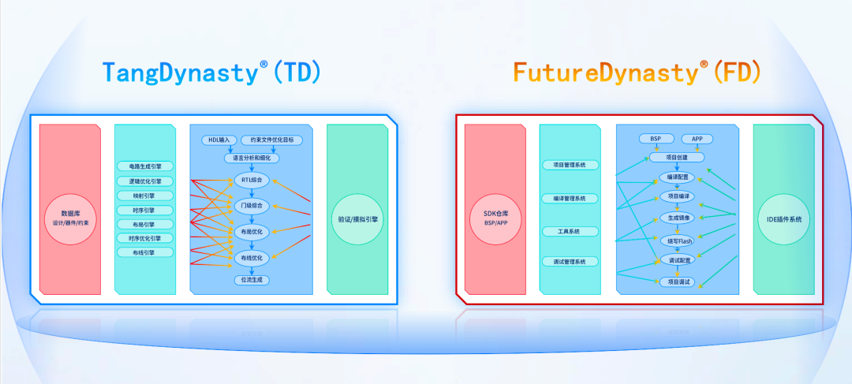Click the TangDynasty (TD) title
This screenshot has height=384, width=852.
pos(212,73)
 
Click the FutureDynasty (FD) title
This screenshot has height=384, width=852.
pos(637,73)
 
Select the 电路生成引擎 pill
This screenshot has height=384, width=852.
pos(144,166)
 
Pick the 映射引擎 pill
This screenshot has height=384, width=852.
pos(144,196)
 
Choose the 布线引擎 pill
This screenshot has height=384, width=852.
pos(144,252)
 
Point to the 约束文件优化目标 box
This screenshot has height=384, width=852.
pos(271,140)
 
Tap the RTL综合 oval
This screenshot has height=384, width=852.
pos(251,181)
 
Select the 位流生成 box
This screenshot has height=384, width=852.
pos(251,279)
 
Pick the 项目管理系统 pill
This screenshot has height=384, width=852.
pos(569,166)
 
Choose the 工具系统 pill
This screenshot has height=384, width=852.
pos(569,231)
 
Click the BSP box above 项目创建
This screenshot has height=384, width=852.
pos(656,139)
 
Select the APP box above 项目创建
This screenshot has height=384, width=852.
pos(697,139)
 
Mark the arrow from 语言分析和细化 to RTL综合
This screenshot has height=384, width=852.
pos(251,167)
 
